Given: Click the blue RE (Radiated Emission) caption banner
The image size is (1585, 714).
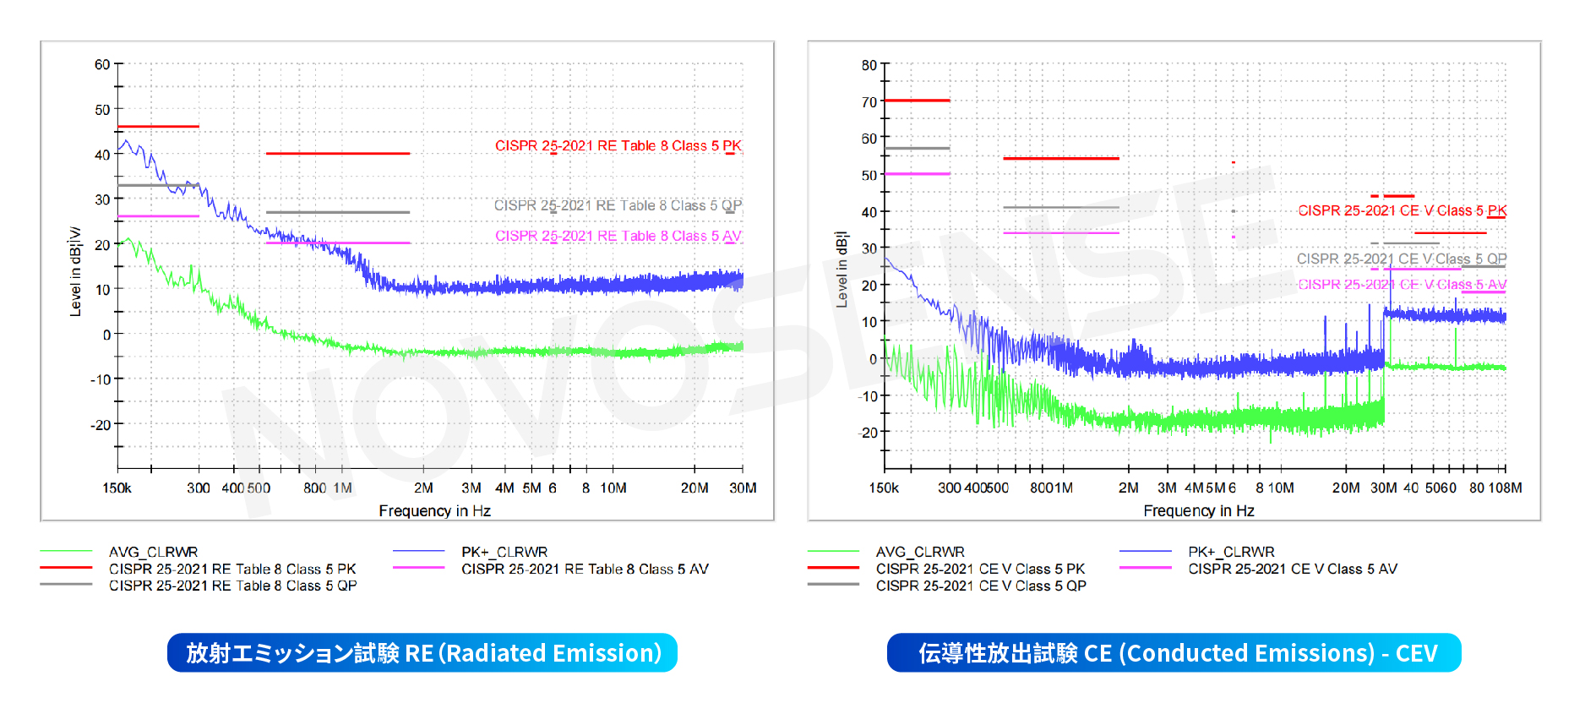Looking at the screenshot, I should pos(422,653).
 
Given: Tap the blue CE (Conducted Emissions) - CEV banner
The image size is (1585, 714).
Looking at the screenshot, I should pos(1174,653).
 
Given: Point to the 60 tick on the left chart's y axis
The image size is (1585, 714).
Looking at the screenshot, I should pos(102,65).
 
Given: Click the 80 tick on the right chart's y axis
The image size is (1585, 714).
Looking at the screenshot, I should pos(869,65).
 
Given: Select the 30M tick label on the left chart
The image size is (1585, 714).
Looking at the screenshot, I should pos(743,488).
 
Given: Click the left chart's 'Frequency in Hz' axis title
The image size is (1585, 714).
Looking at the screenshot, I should pos(434,511).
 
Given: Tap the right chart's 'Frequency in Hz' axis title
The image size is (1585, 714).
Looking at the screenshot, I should pos(1198,511).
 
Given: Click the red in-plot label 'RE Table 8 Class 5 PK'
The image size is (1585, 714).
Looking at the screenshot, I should pos(618,146).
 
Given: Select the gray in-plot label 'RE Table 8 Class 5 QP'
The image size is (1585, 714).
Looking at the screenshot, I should pos(618,205).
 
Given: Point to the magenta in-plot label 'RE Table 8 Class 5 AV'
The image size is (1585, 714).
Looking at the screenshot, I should pos(618,237).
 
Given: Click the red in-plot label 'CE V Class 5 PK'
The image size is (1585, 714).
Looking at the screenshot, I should pos(1402,210).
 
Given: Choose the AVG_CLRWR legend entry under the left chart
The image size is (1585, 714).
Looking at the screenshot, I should pos(153,552).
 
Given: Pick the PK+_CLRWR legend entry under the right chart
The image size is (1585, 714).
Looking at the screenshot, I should pos(1231,552).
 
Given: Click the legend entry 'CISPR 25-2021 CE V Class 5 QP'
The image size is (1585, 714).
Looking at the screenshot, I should pos(980,586).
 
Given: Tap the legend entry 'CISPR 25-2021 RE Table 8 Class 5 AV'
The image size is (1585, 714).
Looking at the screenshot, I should pos(585,569).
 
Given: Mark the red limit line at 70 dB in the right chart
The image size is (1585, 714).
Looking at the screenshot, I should pos(917,101).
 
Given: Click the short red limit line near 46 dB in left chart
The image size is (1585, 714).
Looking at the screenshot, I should pos(158,127).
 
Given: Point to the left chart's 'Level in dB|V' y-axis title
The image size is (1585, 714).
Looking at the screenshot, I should pos(75,272).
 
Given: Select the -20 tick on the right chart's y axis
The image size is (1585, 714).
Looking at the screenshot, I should pos(869,433).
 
